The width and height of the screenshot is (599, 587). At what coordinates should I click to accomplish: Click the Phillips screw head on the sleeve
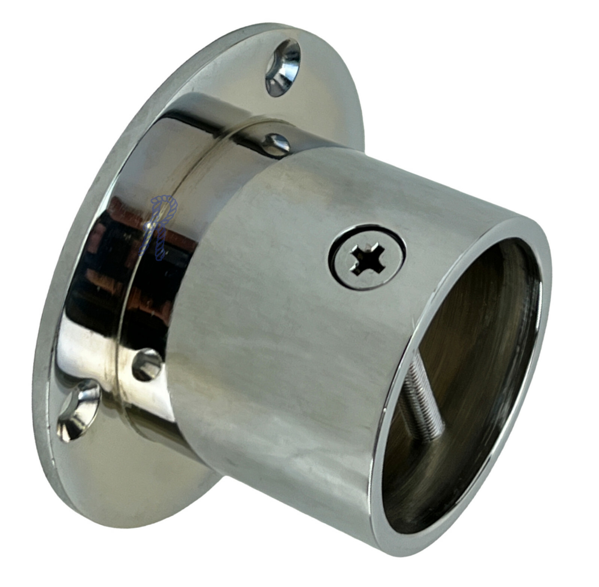click(367, 258)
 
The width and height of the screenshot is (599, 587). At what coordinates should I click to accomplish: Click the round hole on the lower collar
click(147, 364)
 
